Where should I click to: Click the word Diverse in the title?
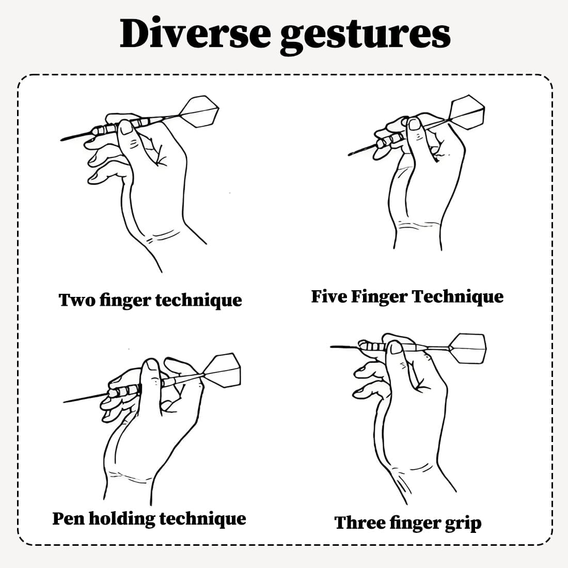coord(195,34)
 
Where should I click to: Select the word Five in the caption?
coord(327,296)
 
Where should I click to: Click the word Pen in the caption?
coord(69,518)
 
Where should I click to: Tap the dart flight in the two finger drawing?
coord(200,111)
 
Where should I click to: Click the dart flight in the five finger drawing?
coord(467,112)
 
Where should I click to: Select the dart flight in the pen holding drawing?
coord(222,370)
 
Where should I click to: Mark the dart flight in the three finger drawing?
coord(468,348)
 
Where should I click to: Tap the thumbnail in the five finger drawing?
coord(414,123)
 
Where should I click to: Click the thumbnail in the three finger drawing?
coord(395,348)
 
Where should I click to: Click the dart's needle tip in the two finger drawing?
coord(61,140)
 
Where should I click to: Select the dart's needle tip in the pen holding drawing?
coord(64,402)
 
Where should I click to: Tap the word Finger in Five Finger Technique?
coord(379,297)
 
